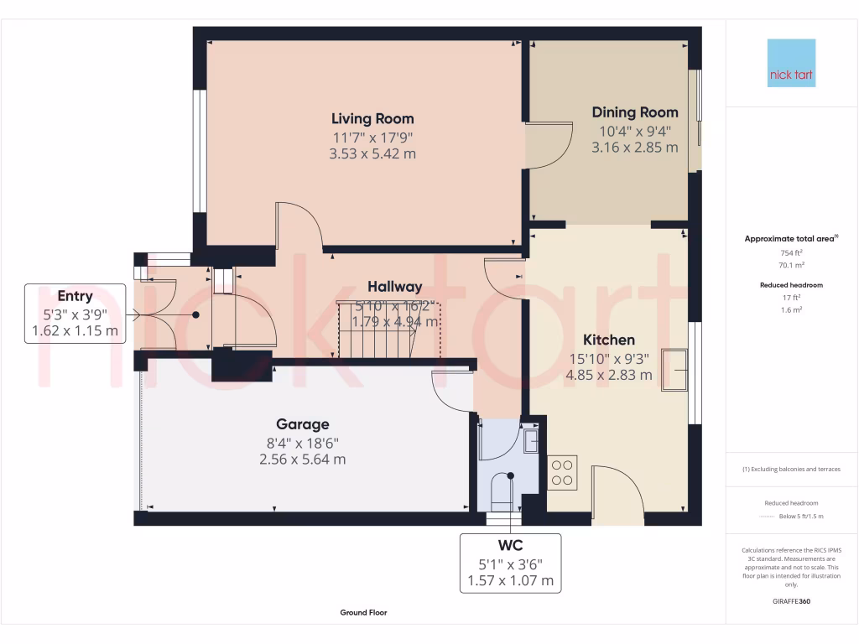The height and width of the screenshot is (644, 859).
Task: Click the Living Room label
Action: (372, 118)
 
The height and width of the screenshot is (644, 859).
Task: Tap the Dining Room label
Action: (634, 112)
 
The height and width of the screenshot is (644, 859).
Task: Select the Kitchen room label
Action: (609, 340)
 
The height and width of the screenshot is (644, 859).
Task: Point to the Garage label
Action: (303, 424)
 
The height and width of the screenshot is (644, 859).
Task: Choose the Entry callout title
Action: (75, 296)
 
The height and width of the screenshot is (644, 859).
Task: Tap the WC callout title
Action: (510, 545)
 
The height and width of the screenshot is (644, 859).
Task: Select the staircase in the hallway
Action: (377, 329)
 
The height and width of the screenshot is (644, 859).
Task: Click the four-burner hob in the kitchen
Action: (561, 472)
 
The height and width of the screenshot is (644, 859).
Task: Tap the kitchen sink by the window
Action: (674, 370)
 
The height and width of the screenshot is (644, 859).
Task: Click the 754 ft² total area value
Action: (791, 253)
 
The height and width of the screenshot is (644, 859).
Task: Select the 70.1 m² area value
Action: (791, 264)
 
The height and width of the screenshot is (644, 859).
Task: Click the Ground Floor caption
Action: (363, 613)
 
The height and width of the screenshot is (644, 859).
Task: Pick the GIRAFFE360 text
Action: (791, 601)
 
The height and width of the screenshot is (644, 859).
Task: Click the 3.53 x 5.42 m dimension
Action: (372, 154)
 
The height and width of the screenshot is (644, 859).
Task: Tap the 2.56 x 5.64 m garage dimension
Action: (303, 460)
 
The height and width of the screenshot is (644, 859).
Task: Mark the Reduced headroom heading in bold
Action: (791, 285)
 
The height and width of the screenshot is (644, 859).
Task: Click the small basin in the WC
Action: (530, 439)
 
